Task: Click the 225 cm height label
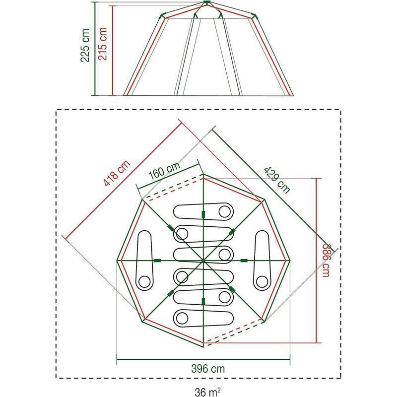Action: pyautogui.click(x=85, y=45)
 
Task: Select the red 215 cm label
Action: pyautogui.click(x=103, y=44)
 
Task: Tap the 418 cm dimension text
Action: pyautogui.click(x=117, y=173)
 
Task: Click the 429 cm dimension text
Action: pyautogui.click(x=277, y=180)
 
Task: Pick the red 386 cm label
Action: pyautogui.click(x=326, y=260)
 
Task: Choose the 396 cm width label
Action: pyautogui.click(x=208, y=369)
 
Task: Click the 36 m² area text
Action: pyautogui.click(x=207, y=392)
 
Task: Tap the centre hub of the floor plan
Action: pyautogui.click(x=203, y=260)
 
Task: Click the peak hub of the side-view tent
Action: pyautogui.click(x=207, y=2)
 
